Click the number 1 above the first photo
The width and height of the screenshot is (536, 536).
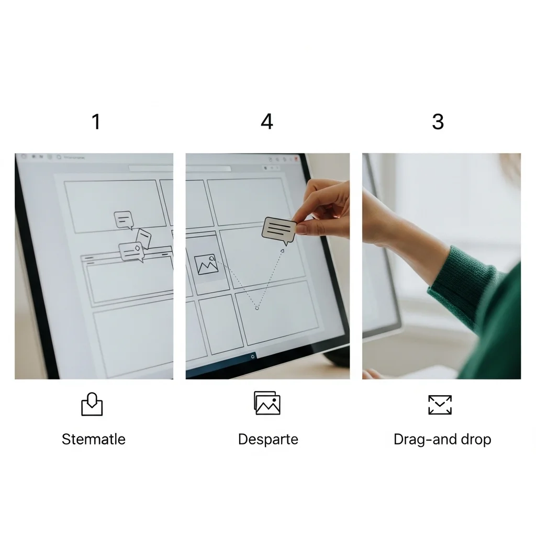click(96, 121)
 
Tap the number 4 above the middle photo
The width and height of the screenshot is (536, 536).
click(267, 121)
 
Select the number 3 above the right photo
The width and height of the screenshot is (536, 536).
click(438, 121)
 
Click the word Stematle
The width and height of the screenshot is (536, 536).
click(94, 439)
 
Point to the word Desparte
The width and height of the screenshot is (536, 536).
click(268, 440)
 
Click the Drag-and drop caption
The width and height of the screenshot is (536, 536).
click(442, 440)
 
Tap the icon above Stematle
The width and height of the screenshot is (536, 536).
click(92, 404)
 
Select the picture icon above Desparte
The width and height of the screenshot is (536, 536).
click(267, 403)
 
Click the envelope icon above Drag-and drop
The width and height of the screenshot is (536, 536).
click(440, 405)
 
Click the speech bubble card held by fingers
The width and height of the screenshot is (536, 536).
click(279, 230)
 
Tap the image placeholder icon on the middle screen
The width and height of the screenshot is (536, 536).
click(206, 264)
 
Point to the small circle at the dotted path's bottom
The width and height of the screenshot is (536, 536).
click(257, 308)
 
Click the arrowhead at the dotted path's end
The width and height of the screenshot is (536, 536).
click(282, 251)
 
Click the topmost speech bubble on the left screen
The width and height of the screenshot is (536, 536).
click(124, 220)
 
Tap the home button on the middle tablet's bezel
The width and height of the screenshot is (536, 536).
click(253, 356)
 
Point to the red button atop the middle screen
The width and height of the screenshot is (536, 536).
click(296, 159)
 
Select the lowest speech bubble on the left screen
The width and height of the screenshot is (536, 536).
click(131, 252)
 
